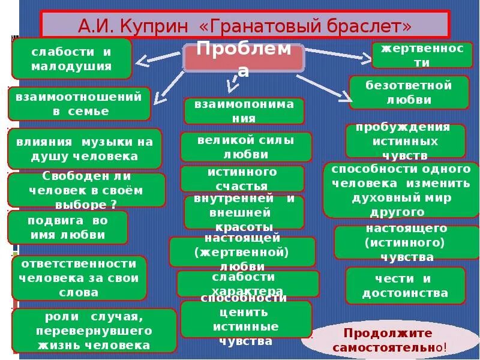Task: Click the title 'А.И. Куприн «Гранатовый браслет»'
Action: tap(245, 26)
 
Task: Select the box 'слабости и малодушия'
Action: tap(72, 59)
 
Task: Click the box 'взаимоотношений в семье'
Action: tap(79, 104)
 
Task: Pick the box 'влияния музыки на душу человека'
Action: tap(85, 149)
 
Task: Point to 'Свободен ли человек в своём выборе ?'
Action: tap(86, 190)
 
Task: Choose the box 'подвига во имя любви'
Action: tap(68, 227)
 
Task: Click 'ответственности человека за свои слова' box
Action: tap(79, 278)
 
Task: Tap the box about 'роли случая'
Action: tap(94, 331)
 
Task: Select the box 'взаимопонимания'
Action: tap(244, 111)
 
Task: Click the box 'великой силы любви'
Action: tap(246, 147)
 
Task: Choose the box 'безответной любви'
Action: tap(409, 92)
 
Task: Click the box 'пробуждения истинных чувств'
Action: tap(404, 141)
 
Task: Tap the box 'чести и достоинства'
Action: tap(405, 286)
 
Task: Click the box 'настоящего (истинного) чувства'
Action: tap(406, 242)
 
